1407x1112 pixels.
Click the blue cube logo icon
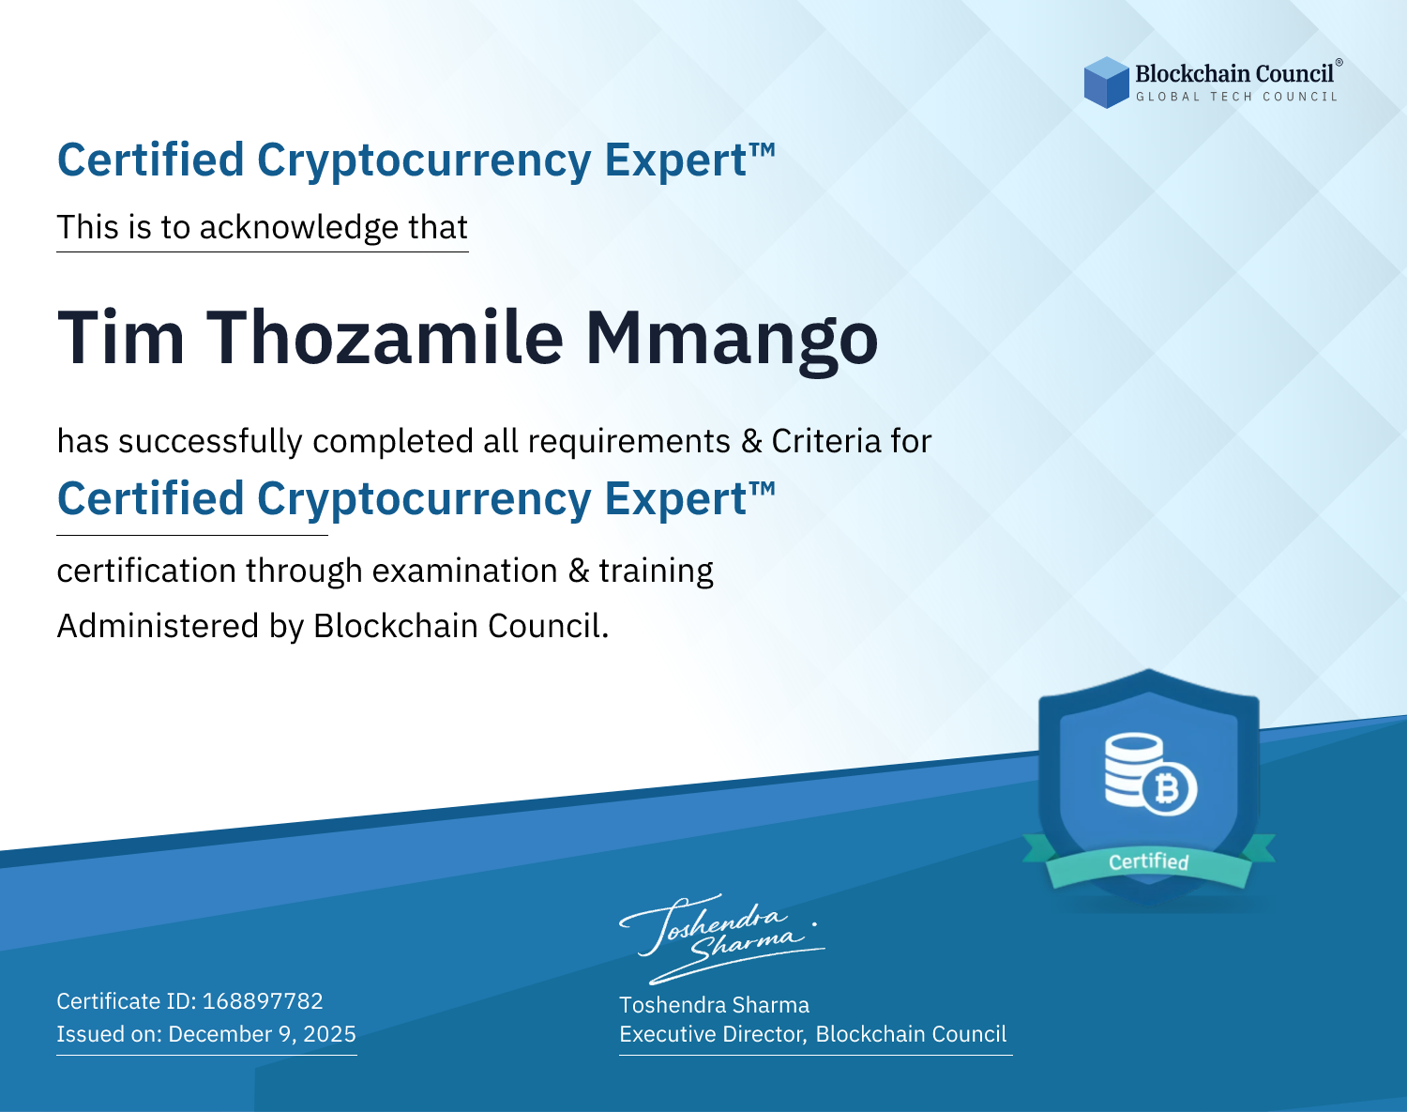click(x=1106, y=83)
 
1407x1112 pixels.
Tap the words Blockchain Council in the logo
click(x=1234, y=74)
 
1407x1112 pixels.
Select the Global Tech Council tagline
click(x=1236, y=97)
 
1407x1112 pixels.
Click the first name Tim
click(x=121, y=338)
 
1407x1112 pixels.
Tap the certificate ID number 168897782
click(x=263, y=1000)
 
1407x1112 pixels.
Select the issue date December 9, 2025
click(x=263, y=1034)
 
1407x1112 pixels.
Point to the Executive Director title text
click(x=713, y=1034)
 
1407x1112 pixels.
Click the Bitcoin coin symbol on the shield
click(x=1170, y=788)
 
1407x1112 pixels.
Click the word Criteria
click(x=826, y=441)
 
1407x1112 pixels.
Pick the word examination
click(x=465, y=571)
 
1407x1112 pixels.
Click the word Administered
click(x=159, y=625)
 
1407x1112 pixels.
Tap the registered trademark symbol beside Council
click(x=1339, y=62)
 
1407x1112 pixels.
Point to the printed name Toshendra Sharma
click(x=715, y=1005)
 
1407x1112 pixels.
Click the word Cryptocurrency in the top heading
click(x=424, y=161)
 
